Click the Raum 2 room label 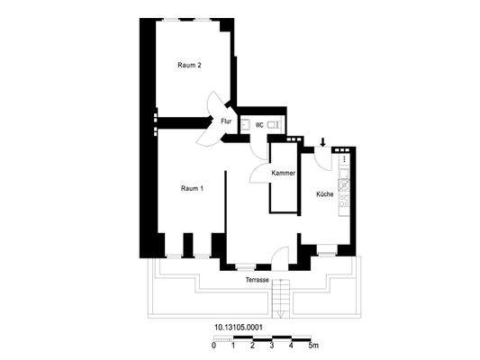coord(189,65)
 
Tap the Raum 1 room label coord(192,188)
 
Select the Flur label coord(227,121)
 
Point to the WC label coord(259,126)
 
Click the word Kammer coord(284,172)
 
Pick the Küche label coord(324,194)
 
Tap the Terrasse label coord(258,281)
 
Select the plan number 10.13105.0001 coord(238,328)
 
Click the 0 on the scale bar coord(214,346)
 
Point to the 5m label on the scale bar coord(312,346)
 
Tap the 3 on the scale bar coord(253,346)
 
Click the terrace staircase coord(283,301)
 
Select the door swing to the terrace coord(281,257)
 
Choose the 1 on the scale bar coord(233,346)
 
